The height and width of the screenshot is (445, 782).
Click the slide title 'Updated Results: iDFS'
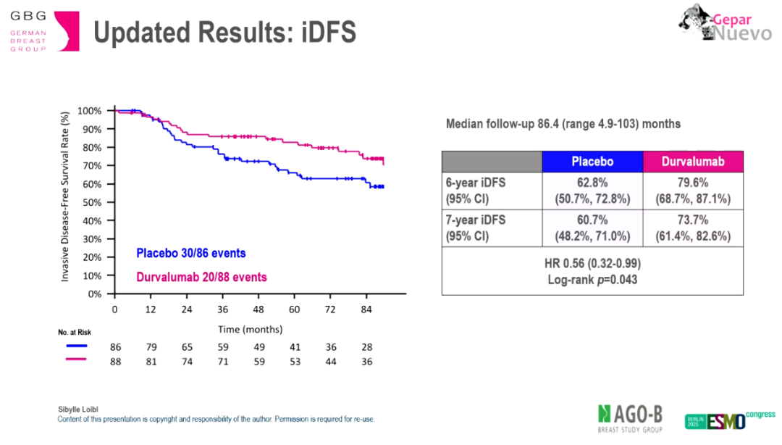(225, 33)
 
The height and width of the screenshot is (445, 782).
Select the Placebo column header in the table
(592, 162)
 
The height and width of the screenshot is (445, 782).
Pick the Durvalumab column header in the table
(693, 162)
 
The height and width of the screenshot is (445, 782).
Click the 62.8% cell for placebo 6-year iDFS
(592, 183)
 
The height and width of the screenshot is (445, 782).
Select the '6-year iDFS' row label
(476, 183)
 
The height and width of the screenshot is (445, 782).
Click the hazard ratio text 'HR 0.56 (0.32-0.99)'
(592, 263)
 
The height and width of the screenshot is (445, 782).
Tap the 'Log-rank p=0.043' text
(592, 279)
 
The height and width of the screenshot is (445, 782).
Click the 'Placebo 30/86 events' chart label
(191, 254)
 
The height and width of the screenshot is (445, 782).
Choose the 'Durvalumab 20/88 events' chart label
(201, 277)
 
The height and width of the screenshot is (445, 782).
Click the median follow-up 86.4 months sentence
(563, 124)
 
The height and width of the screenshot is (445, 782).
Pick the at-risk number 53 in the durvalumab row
(295, 361)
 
